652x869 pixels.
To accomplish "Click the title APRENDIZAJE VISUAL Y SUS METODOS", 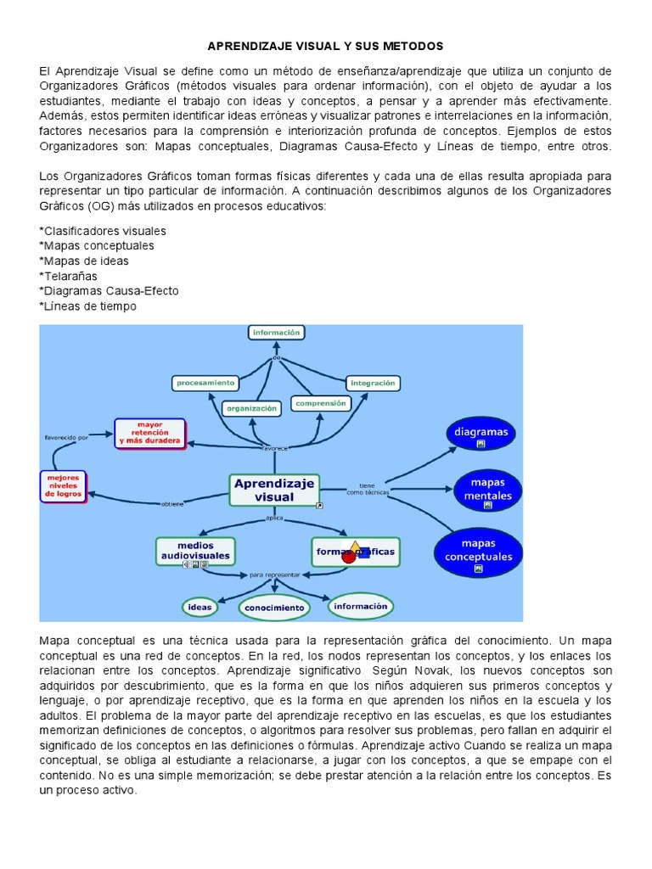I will click(326, 45).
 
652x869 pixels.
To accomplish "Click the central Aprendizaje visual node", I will click(274, 490).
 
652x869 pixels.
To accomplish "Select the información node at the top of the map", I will click(276, 333).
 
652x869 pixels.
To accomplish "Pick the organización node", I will click(251, 408).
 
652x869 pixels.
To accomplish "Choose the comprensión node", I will click(321, 404).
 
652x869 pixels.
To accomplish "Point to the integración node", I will click(372, 384).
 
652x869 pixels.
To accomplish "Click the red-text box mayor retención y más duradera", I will click(149, 432).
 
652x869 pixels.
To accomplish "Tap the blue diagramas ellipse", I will click(481, 434).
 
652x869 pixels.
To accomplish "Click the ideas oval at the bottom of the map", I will click(200, 607).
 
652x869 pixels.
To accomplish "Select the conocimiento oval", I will click(273, 608).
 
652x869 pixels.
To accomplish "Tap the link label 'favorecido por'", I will click(66, 438).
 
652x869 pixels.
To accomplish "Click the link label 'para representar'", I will click(274, 575).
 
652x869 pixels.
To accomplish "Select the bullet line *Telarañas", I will click(69, 276).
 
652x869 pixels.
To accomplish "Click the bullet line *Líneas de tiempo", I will click(87, 306).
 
